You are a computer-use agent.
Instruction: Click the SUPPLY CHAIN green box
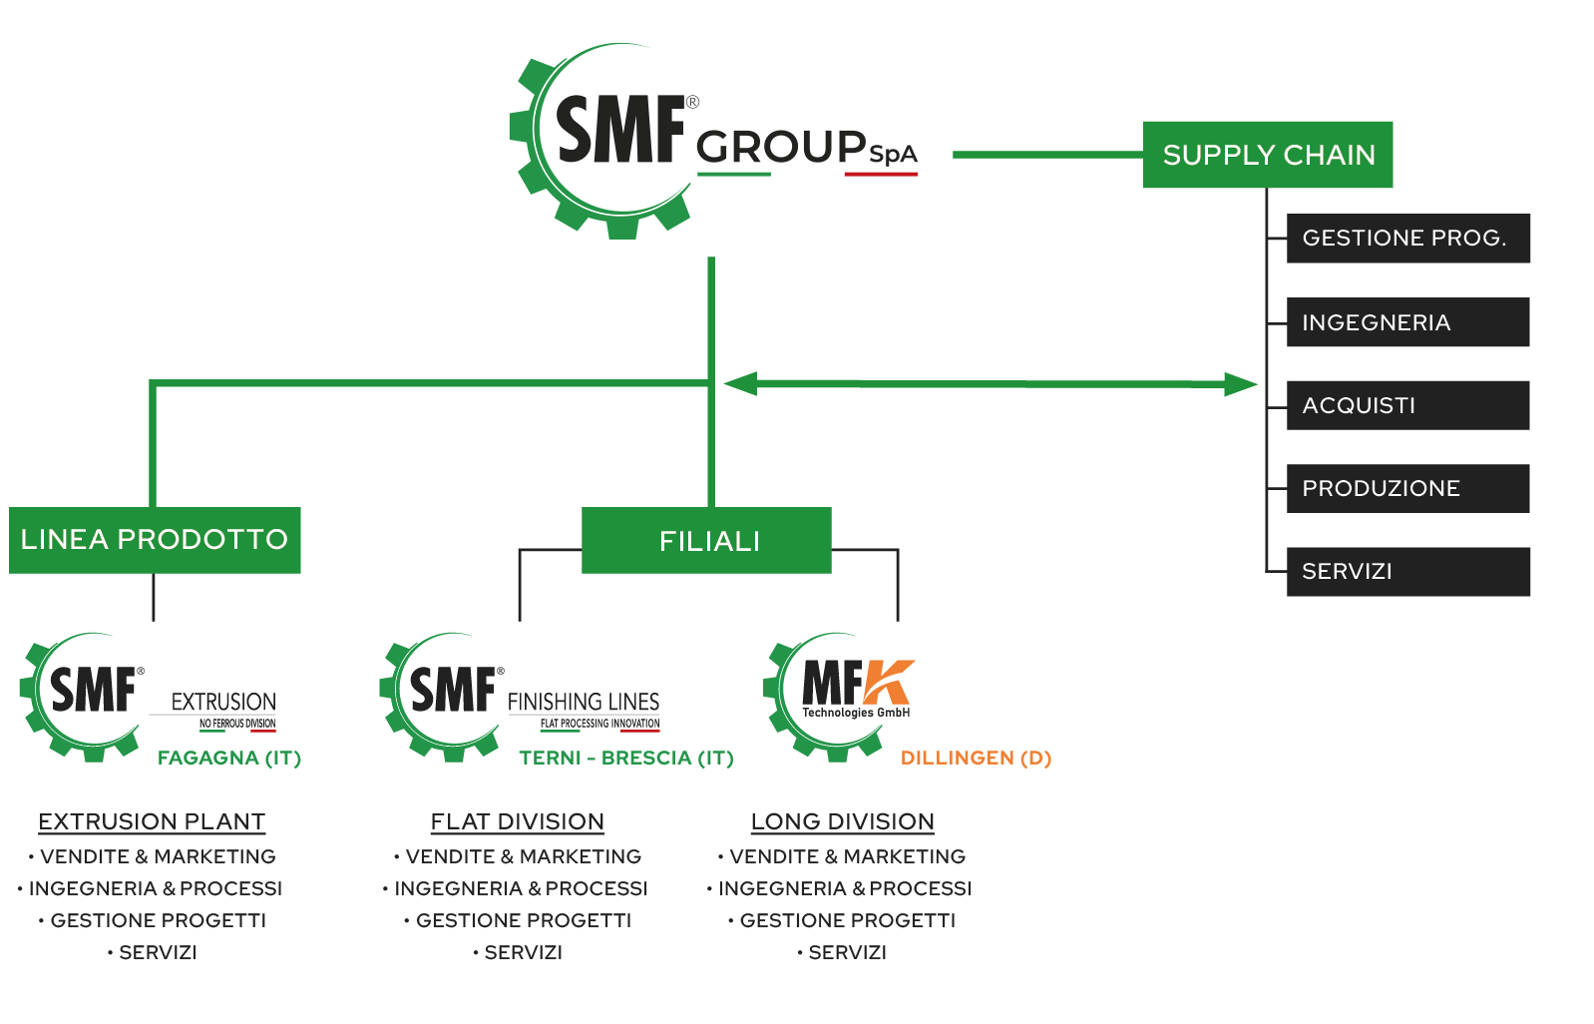(x=1267, y=155)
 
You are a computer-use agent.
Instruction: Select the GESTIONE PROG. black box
(x=1407, y=239)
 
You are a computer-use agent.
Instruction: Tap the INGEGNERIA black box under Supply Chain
(x=1407, y=322)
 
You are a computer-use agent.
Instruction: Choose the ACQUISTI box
(x=1407, y=405)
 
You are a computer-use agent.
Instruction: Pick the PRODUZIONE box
(x=1407, y=488)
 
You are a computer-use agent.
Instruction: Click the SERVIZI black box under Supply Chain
(x=1407, y=572)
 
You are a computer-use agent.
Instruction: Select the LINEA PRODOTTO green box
(x=155, y=540)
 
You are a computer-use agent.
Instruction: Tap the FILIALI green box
(x=706, y=541)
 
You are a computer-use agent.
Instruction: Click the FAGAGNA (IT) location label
(x=229, y=759)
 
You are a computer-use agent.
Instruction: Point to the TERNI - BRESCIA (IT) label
(x=625, y=759)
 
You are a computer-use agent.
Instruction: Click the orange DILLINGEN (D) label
(x=976, y=759)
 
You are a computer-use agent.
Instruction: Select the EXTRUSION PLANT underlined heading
(x=152, y=821)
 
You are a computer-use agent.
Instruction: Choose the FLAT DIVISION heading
(x=517, y=821)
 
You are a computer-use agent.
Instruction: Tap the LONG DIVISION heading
(x=842, y=821)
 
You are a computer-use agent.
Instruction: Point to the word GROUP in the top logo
(x=781, y=148)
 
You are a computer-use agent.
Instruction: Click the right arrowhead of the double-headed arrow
(x=1241, y=384)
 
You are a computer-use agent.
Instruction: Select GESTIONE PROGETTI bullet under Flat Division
(x=523, y=920)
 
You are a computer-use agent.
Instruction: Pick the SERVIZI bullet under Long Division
(x=847, y=952)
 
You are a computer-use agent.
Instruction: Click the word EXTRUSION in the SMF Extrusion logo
(x=223, y=702)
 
